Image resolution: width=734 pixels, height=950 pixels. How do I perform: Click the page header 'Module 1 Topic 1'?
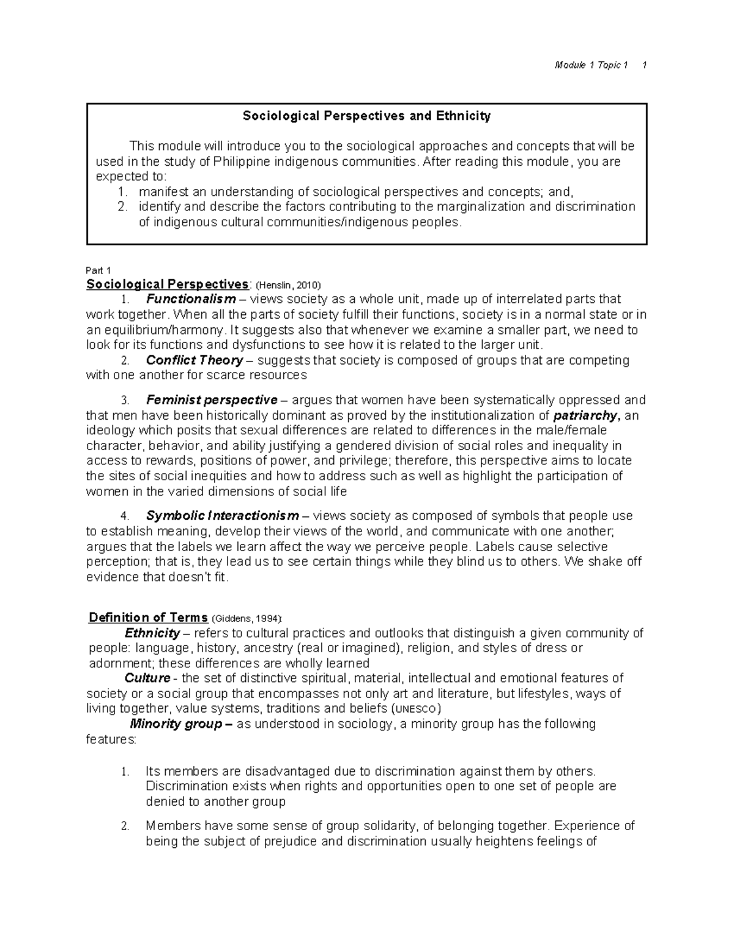tap(591, 65)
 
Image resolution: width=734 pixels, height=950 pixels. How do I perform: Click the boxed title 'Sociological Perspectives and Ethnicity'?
tap(367, 116)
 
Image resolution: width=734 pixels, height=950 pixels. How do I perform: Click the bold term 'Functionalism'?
tap(191, 299)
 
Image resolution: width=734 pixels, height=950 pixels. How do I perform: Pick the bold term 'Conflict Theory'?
tap(195, 360)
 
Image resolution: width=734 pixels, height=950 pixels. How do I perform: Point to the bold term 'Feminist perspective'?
tap(212, 400)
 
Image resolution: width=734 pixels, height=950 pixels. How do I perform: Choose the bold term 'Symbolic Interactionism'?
tap(223, 516)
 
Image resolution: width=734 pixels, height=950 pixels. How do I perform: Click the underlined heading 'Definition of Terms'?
tap(148, 618)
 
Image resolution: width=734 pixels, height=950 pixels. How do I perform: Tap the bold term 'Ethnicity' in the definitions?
tap(152, 633)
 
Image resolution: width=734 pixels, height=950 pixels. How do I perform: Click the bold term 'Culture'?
tap(147, 678)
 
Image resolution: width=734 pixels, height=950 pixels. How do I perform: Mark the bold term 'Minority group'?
tap(177, 724)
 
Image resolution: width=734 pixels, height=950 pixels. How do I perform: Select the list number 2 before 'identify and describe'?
tap(122, 207)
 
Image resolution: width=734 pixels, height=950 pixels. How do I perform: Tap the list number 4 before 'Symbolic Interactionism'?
tap(125, 516)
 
